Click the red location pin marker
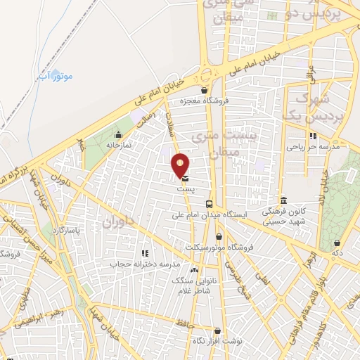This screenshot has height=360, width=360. pos(181,165)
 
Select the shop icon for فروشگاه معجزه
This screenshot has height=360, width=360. pos(204,90)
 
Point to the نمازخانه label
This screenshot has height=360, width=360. pos(119,145)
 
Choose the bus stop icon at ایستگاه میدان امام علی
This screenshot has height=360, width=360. pos(207,204)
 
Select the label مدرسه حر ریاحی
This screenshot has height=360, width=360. pos(313,148)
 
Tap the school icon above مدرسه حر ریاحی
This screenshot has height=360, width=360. pos(313,136)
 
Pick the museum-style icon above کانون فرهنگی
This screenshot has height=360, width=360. pos(283,200)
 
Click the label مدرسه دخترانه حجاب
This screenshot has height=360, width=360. pos(145,264)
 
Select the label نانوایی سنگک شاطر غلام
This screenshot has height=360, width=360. pos(194,284)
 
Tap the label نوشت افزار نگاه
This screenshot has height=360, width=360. pos(217,341)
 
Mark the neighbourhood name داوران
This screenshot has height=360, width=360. pos(117,222)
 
